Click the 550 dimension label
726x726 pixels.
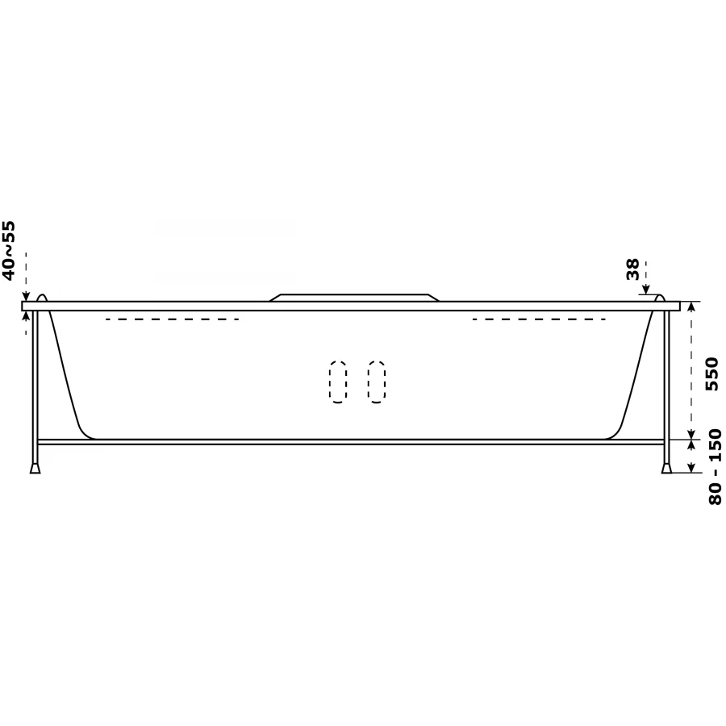[x=711, y=373]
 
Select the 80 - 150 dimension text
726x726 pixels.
[x=715, y=467]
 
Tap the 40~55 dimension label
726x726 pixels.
[x=9, y=251]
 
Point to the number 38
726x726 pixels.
[x=632, y=269]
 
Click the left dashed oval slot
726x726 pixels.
[x=338, y=382]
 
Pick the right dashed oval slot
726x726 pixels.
[x=377, y=382]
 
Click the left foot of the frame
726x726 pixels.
[x=35, y=468]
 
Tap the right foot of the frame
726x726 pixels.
[x=667, y=468]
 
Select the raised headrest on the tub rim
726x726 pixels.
[x=354, y=297]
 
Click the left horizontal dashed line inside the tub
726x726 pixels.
[x=173, y=319]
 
